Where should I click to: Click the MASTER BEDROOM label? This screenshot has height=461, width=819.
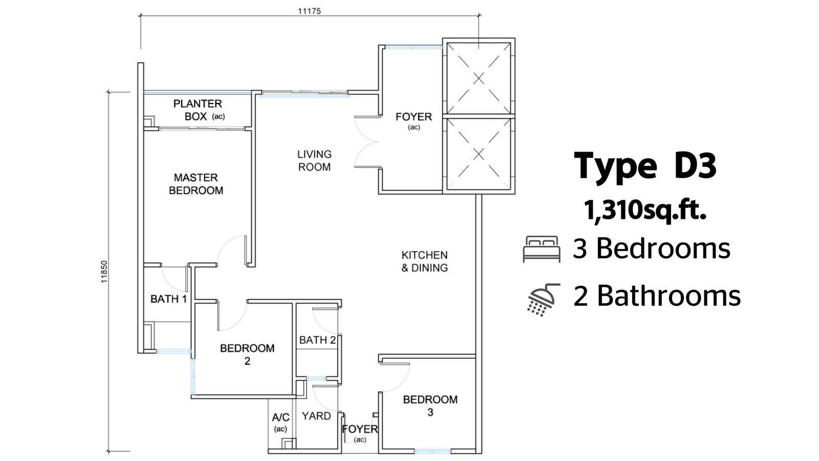tap(196, 184)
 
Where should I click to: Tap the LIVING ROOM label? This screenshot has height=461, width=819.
tap(314, 161)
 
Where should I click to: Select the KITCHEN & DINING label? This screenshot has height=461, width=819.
tap(424, 261)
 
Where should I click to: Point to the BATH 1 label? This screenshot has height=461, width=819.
tap(168, 299)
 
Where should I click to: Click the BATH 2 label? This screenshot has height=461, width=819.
tap(317, 340)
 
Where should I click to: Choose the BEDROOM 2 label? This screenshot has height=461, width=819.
tap(247, 354)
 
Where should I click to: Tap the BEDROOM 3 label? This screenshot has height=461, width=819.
tap(430, 406)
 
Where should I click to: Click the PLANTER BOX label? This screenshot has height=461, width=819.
tap(198, 110)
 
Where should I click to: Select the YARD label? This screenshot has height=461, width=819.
tap(316, 416)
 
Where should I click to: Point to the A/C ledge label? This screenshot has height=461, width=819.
tap(281, 423)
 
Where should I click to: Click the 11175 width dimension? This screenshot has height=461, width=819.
tap(309, 11)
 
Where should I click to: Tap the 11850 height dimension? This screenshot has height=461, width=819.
tap(104, 271)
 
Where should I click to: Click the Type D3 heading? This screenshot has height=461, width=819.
tap(645, 166)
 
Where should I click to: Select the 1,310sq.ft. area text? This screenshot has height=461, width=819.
tap(645, 211)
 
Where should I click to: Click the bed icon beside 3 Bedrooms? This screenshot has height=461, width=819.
tap(542, 249)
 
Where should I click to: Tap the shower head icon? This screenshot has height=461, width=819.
tap(543, 299)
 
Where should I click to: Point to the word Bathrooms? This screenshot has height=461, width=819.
tap(669, 296)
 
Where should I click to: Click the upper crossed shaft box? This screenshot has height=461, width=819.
tap(479, 78)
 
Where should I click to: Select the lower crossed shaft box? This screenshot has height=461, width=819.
tap(479, 154)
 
